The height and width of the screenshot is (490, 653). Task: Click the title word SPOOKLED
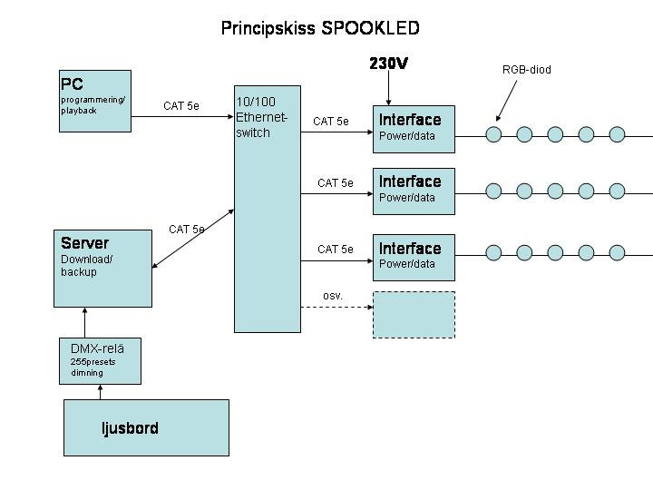click(x=370, y=28)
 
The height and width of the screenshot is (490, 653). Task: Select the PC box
click(x=95, y=100)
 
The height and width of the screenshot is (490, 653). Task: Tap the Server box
click(x=103, y=268)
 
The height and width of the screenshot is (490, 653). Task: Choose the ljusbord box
click(x=146, y=427)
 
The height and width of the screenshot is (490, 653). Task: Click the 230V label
click(x=389, y=64)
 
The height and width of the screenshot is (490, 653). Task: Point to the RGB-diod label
click(x=527, y=70)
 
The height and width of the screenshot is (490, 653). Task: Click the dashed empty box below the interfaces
click(x=414, y=314)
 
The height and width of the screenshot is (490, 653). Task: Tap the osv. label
click(x=333, y=296)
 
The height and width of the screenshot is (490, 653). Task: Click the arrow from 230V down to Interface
click(x=388, y=90)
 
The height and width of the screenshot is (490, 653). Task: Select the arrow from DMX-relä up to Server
click(x=86, y=322)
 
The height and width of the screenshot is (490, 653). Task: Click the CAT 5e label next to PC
click(x=180, y=106)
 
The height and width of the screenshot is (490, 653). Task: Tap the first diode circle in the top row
click(x=493, y=134)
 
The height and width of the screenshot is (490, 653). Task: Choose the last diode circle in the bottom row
click(x=617, y=251)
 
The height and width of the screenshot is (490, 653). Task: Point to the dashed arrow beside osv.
click(x=336, y=308)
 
